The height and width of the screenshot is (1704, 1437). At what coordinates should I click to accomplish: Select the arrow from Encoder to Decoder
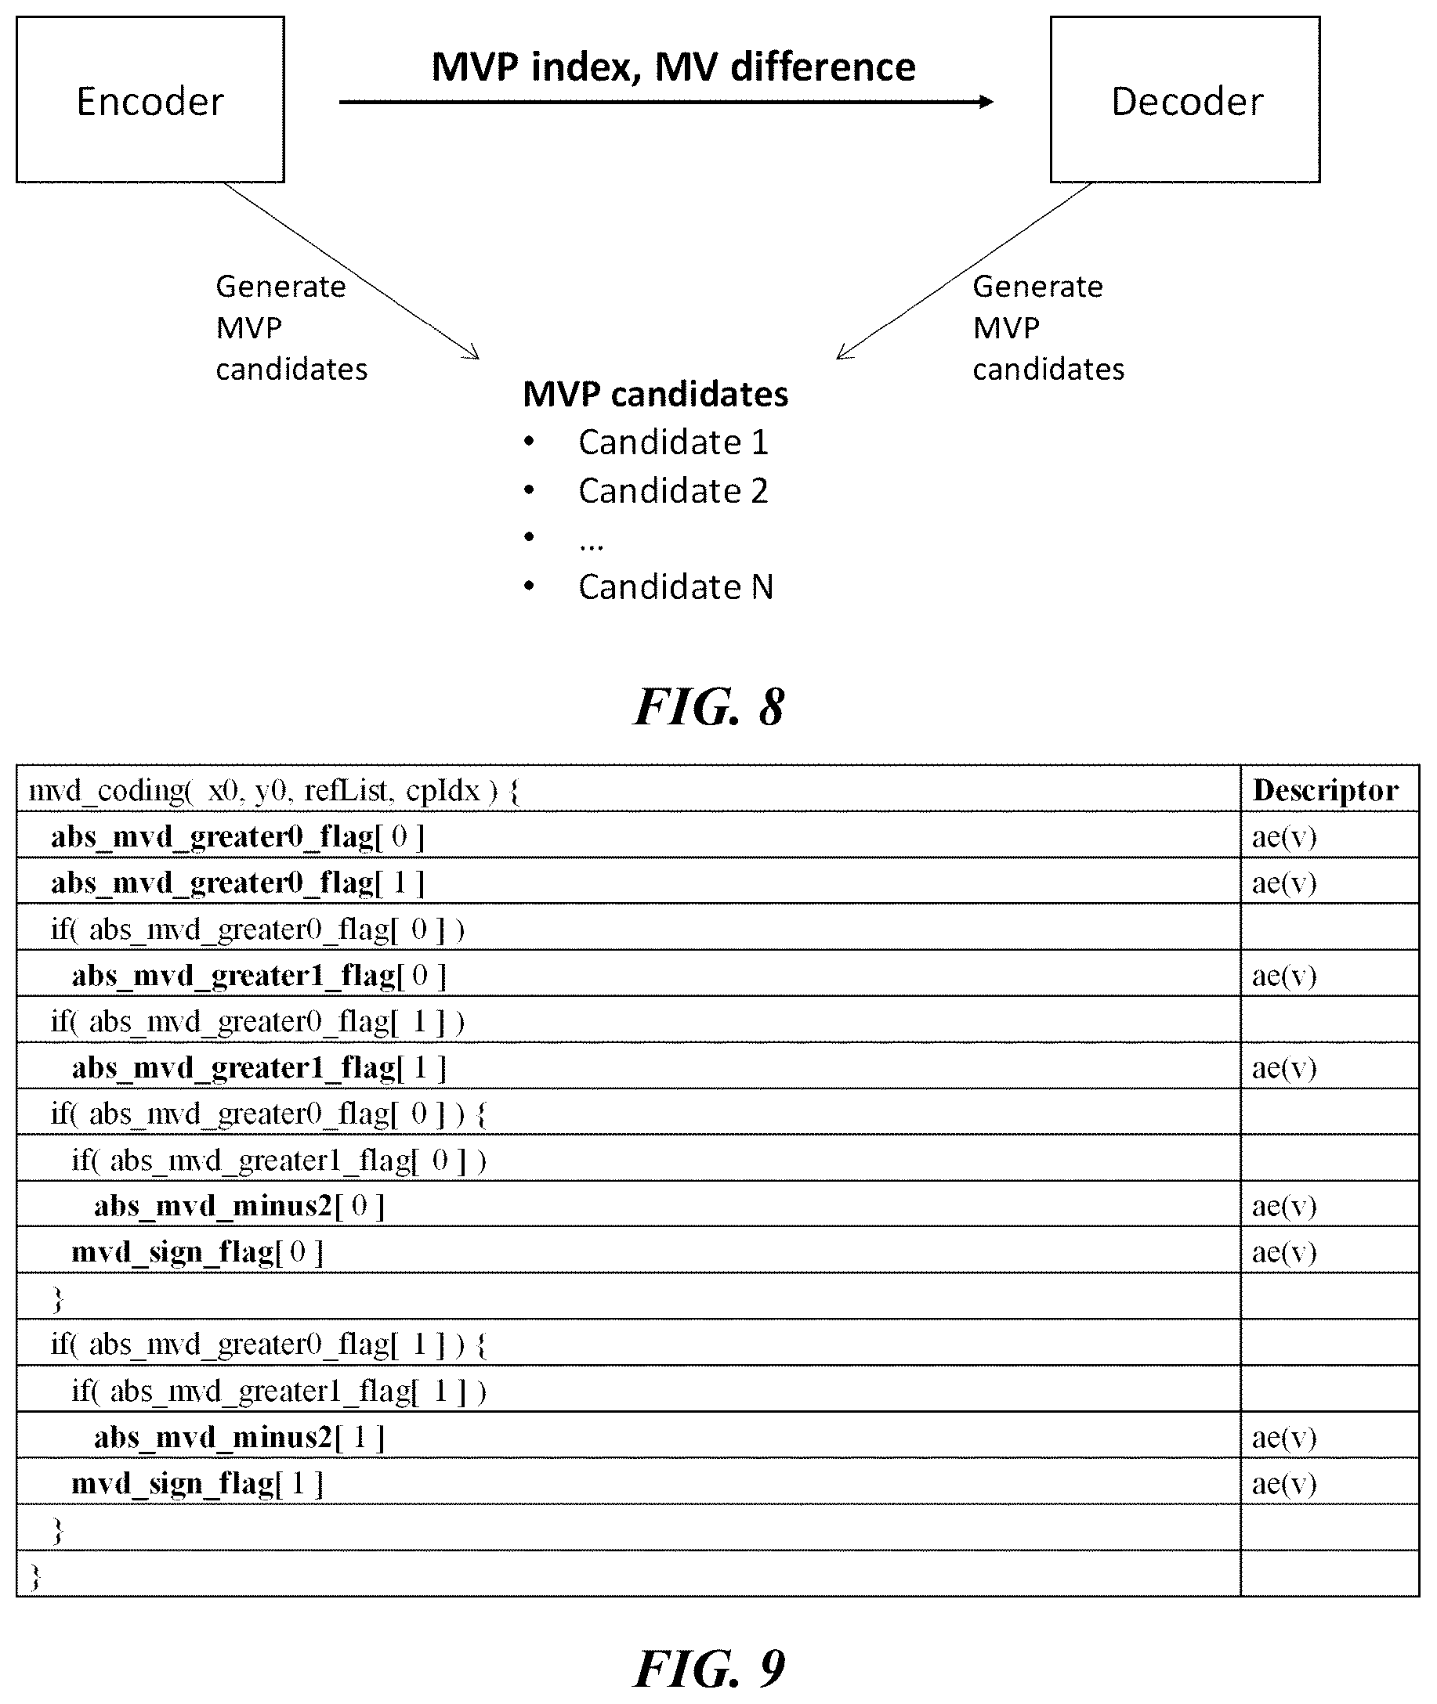click(666, 102)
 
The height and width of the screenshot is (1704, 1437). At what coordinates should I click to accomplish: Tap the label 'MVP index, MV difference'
click(673, 67)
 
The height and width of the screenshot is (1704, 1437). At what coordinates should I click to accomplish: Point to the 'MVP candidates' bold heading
click(655, 394)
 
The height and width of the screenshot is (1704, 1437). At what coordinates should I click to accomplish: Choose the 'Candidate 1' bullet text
click(673, 442)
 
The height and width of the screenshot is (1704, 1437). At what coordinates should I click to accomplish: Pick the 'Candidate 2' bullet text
click(673, 491)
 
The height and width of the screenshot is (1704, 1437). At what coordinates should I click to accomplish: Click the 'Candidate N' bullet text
click(675, 587)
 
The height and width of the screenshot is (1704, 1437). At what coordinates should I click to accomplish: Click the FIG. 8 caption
click(709, 706)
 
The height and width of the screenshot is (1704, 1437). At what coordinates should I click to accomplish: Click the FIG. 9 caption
click(709, 1669)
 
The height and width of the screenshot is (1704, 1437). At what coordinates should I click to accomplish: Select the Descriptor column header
click(1326, 789)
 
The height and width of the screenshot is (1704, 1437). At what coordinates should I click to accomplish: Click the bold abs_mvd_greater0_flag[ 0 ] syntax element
click(238, 836)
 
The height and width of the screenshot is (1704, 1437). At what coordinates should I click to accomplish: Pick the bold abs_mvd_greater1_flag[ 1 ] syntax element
click(259, 1067)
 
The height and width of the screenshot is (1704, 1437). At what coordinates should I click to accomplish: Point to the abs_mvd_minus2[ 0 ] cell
click(239, 1205)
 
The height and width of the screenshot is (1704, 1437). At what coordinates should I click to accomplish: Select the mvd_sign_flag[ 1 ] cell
click(197, 1482)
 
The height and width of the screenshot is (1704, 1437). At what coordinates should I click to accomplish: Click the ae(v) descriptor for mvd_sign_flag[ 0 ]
click(1284, 1251)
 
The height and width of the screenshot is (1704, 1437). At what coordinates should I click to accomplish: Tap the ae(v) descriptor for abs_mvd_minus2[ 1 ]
click(1284, 1437)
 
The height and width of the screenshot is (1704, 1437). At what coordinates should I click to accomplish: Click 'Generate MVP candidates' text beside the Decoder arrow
click(1048, 328)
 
